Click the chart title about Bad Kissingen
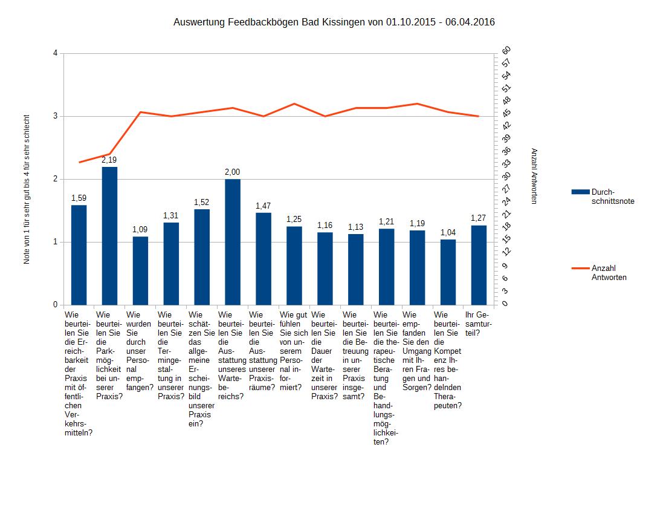(334, 22)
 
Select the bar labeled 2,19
(109, 236)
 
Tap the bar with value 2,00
(233, 242)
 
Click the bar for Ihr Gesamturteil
(479, 265)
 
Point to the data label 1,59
(79, 198)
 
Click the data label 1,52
(202, 202)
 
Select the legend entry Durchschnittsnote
(612, 196)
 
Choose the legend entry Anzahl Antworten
(609, 273)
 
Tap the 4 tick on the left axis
(56, 53)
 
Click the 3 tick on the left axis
(56, 116)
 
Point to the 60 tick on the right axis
(506, 50)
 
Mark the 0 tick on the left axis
(56, 305)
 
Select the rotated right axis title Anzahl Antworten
(534, 176)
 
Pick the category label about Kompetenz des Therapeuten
(448, 360)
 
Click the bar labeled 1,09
(140, 270)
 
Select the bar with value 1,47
(263, 259)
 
